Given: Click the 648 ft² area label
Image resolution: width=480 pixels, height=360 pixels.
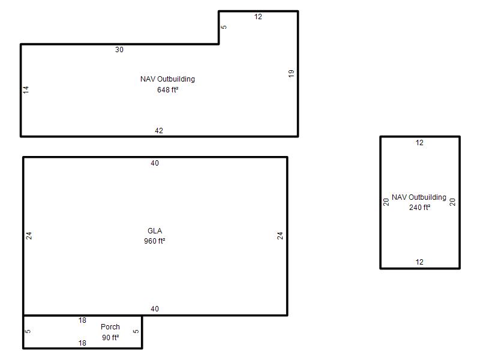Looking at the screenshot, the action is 168,89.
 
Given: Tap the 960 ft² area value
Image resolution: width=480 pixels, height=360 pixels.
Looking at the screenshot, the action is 155,241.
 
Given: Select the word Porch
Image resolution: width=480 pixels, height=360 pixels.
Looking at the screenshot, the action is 110,327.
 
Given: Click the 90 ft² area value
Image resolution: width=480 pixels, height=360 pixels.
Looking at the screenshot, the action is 110,337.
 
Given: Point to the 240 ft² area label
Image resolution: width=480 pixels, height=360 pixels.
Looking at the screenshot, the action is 419,207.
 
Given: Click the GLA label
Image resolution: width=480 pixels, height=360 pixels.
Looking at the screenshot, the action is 155,231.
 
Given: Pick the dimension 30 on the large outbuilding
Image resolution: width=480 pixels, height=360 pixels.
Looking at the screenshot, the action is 119,50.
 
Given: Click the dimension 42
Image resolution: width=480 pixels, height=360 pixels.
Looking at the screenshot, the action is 159,131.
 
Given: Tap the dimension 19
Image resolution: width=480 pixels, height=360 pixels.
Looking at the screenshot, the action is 291,73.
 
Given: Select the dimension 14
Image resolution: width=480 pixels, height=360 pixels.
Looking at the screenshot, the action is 26,89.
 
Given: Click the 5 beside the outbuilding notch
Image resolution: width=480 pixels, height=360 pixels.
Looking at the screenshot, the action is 224,27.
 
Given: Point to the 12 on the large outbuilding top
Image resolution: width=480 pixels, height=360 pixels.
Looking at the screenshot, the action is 258,17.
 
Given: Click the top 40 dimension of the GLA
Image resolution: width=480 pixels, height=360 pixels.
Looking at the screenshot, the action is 155,163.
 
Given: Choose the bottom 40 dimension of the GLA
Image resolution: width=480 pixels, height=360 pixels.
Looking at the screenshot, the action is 155,309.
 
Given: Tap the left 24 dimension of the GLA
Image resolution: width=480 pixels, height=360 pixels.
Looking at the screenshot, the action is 29,236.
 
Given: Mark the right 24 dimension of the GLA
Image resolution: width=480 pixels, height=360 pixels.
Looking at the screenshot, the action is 280,236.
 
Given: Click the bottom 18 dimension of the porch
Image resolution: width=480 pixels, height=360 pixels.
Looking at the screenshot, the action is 82,343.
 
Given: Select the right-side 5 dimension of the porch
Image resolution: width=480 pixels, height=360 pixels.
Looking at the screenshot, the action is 136,331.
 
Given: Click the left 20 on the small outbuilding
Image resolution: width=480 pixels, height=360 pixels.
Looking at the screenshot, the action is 386,202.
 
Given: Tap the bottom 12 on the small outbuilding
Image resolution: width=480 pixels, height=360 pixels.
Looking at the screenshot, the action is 419,262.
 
